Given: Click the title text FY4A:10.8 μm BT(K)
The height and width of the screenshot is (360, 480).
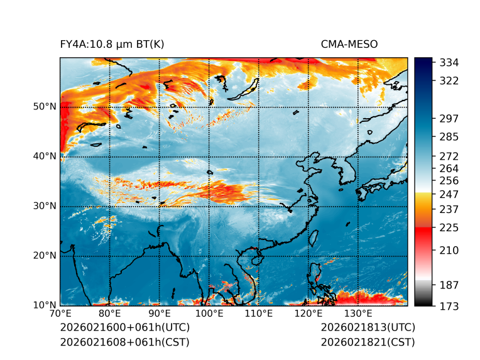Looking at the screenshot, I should pyautogui.click(x=112, y=44).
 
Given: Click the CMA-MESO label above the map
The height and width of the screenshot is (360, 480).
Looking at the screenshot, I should pyautogui.click(x=349, y=44).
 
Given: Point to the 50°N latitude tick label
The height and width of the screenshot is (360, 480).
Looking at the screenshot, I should pyautogui.click(x=45, y=107).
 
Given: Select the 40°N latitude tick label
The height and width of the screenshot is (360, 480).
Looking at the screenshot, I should pyautogui.click(x=45, y=156).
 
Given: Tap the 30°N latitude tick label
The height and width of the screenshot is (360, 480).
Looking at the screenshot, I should pyautogui.click(x=45, y=206).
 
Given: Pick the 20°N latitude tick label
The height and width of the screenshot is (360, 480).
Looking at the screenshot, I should pyautogui.click(x=45, y=256).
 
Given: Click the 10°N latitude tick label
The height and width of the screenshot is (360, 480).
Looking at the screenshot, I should pyautogui.click(x=45, y=305).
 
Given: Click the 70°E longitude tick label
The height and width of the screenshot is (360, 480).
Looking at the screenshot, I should pyautogui.click(x=60, y=314).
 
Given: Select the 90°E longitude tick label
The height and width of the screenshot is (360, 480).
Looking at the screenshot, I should pyautogui.click(x=160, y=314).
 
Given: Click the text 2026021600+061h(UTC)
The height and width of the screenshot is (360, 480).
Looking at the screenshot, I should pyautogui.click(x=124, y=328).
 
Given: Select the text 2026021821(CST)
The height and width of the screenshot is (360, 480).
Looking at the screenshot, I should pyautogui.click(x=368, y=342).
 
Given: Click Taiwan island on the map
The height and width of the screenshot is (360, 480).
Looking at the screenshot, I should pyautogui.click(x=314, y=237).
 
